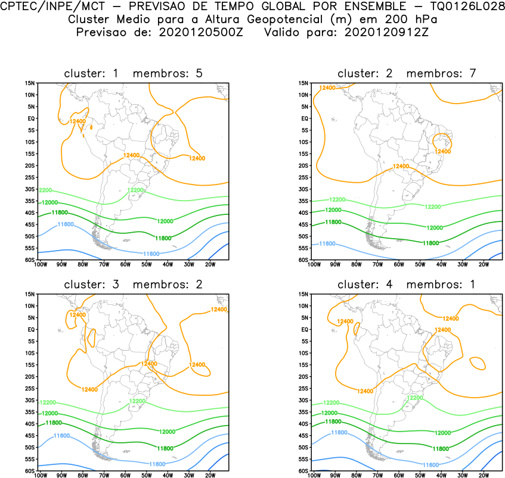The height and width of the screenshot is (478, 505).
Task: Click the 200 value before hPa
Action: (395, 19)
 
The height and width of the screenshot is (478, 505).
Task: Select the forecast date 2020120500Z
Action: (202, 32)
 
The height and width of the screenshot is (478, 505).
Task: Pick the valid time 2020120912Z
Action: (386, 32)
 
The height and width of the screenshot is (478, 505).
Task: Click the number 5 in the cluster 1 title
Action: (199, 73)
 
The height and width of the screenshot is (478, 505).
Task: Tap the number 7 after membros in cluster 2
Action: (472, 73)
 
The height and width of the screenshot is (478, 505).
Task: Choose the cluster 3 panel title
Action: (133, 285)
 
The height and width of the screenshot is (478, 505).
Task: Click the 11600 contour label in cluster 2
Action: (327, 243)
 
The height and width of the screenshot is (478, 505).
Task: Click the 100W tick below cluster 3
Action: (41, 476)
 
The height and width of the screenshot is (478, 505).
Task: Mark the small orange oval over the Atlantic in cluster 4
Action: (477, 362)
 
